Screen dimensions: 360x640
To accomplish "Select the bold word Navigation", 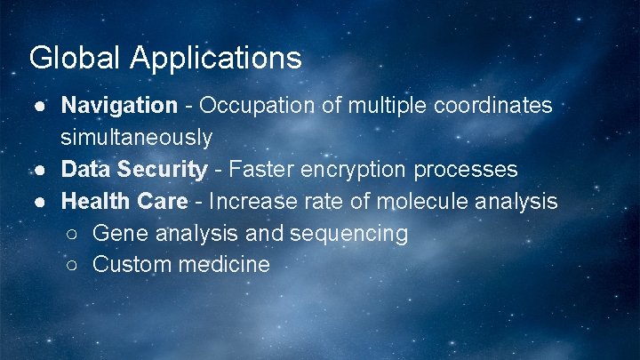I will (119, 106).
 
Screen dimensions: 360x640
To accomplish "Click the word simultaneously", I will (136, 138).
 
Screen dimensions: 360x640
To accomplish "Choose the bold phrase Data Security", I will (133, 170).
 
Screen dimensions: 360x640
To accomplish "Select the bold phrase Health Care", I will (124, 202).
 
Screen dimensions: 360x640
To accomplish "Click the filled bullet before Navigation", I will (42, 107).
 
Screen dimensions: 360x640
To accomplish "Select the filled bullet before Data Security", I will (42, 170).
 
